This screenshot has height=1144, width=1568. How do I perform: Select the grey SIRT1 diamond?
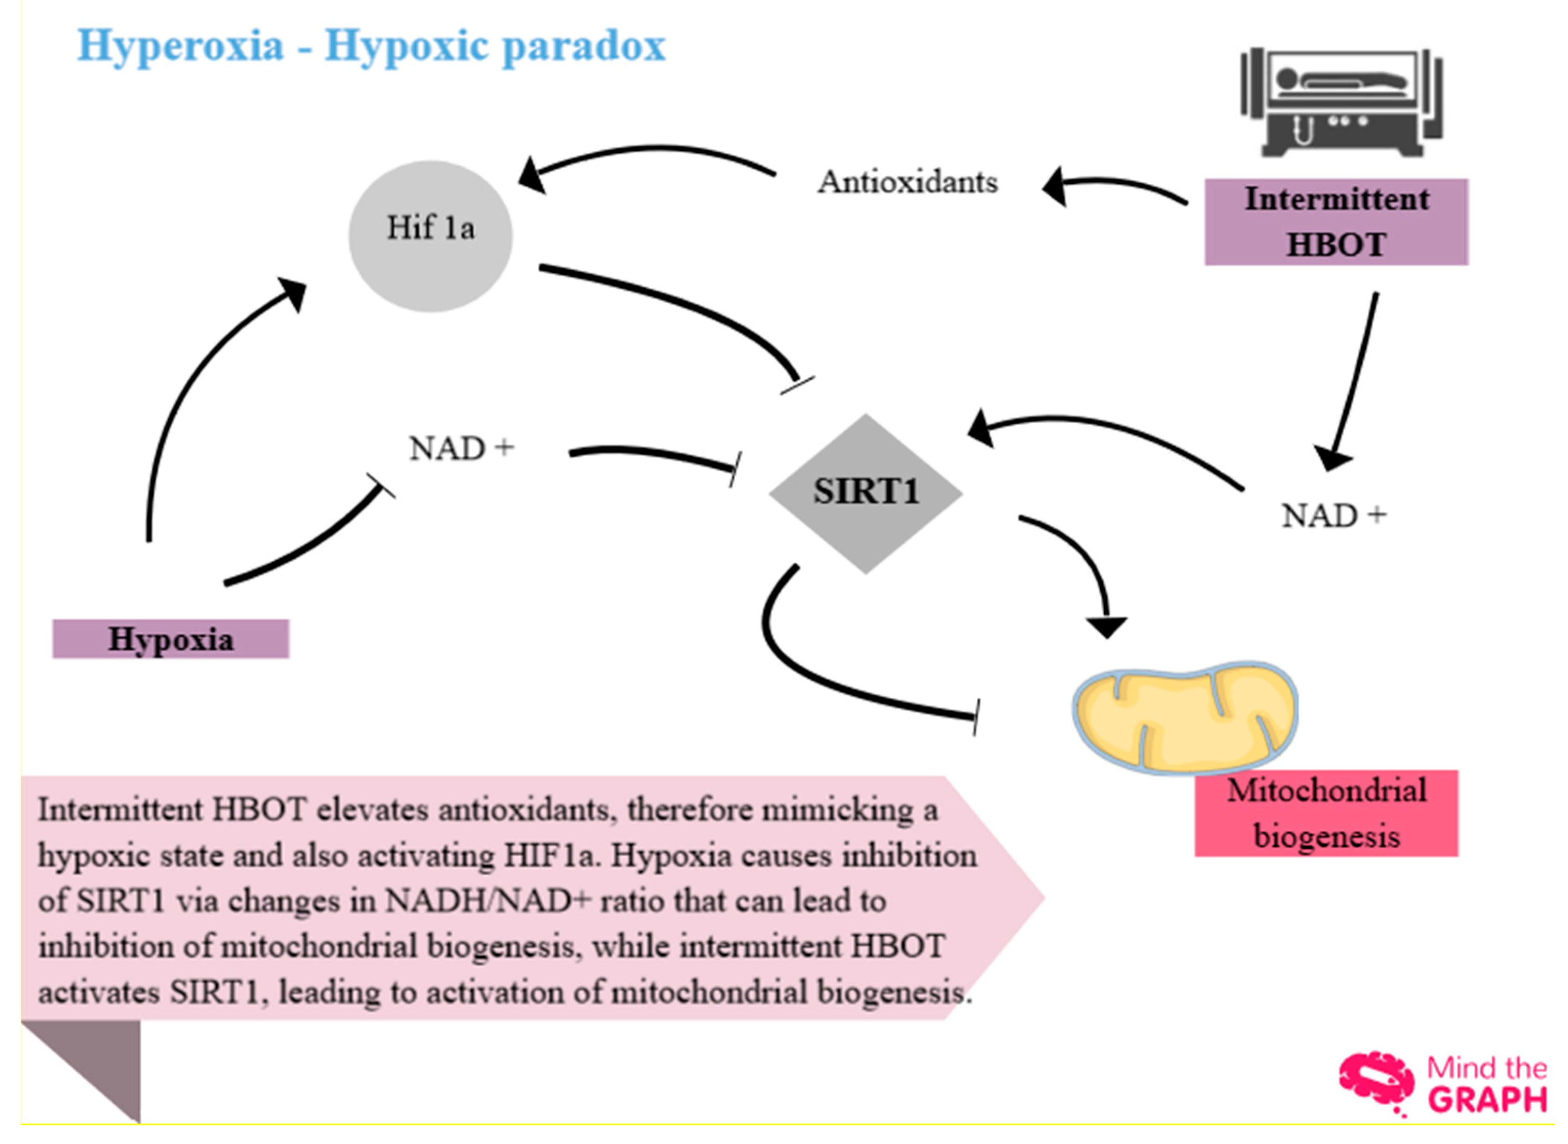[866, 493]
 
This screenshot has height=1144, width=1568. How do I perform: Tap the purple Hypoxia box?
[170, 639]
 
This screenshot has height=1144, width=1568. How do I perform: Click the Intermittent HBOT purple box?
[1335, 222]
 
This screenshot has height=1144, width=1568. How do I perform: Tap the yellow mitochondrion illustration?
[1184, 717]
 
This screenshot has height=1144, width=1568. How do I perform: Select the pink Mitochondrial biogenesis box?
[1325, 813]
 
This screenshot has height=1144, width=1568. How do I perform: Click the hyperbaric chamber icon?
[1341, 104]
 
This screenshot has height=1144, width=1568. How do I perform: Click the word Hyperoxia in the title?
[181, 45]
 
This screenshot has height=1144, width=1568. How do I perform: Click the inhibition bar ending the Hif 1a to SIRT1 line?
[797, 385]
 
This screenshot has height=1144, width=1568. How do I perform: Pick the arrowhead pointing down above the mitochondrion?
[1106, 626]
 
